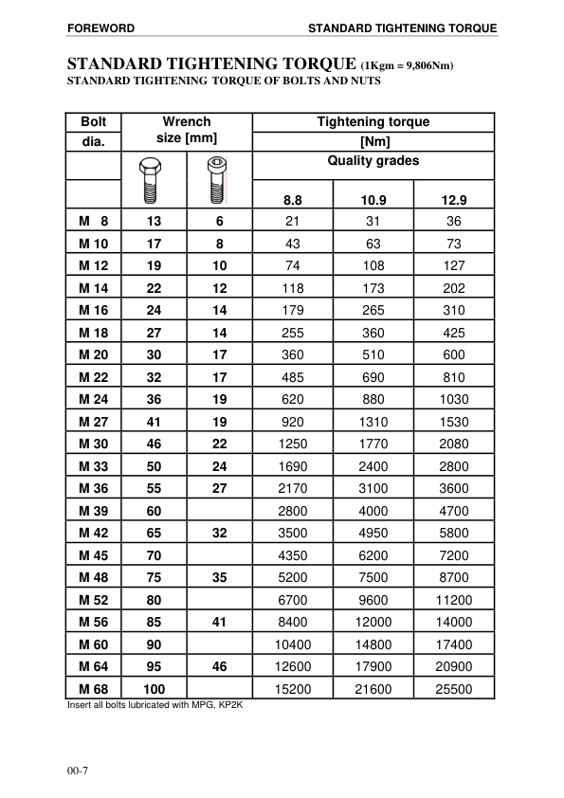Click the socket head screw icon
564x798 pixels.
click(216, 180)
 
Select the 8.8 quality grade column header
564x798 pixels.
click(293, 200)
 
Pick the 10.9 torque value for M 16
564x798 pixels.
click(373, 310)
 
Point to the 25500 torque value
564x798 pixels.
click(454, 689)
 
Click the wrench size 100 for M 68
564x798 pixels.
click(154, 689)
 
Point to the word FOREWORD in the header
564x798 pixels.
click(100, 28)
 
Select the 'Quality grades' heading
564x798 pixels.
click(373, 161)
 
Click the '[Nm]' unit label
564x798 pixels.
click(373, 141)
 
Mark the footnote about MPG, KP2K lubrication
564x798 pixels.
click(155, 706)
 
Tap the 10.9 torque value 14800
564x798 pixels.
click(373, 644)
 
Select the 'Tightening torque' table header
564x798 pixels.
click(373, 121)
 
